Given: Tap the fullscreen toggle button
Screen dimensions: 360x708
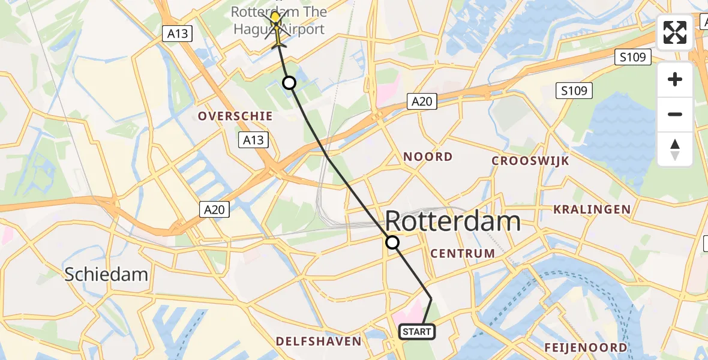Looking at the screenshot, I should coord(675,32).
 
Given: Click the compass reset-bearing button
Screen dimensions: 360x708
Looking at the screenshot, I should coord(675,149).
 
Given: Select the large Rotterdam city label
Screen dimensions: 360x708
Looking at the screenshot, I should coord(452,221).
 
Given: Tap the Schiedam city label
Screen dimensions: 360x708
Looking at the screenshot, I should coord(106,274).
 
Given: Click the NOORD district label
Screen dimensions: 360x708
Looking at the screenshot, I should coord(428,157).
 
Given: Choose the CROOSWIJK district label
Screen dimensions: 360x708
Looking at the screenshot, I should coord(530,161).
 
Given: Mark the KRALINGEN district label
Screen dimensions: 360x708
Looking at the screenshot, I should coord(592,209).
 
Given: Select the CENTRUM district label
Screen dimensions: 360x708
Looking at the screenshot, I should coord(463,253).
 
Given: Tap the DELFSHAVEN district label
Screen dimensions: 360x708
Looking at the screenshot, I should coord(319,341).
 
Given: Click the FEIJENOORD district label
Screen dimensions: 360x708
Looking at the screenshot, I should coord(586,347).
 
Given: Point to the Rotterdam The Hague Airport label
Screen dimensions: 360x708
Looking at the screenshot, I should coord(279,20).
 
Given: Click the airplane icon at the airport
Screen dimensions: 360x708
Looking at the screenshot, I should coord(276,32).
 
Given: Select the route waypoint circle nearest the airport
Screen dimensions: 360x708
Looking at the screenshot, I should coord(289,83).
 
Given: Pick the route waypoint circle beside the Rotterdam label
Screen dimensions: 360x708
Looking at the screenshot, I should coord(392,242).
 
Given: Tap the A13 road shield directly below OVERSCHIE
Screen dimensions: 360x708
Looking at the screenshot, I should coord(252,140).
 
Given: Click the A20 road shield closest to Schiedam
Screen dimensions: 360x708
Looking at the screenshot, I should coord(214,209).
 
